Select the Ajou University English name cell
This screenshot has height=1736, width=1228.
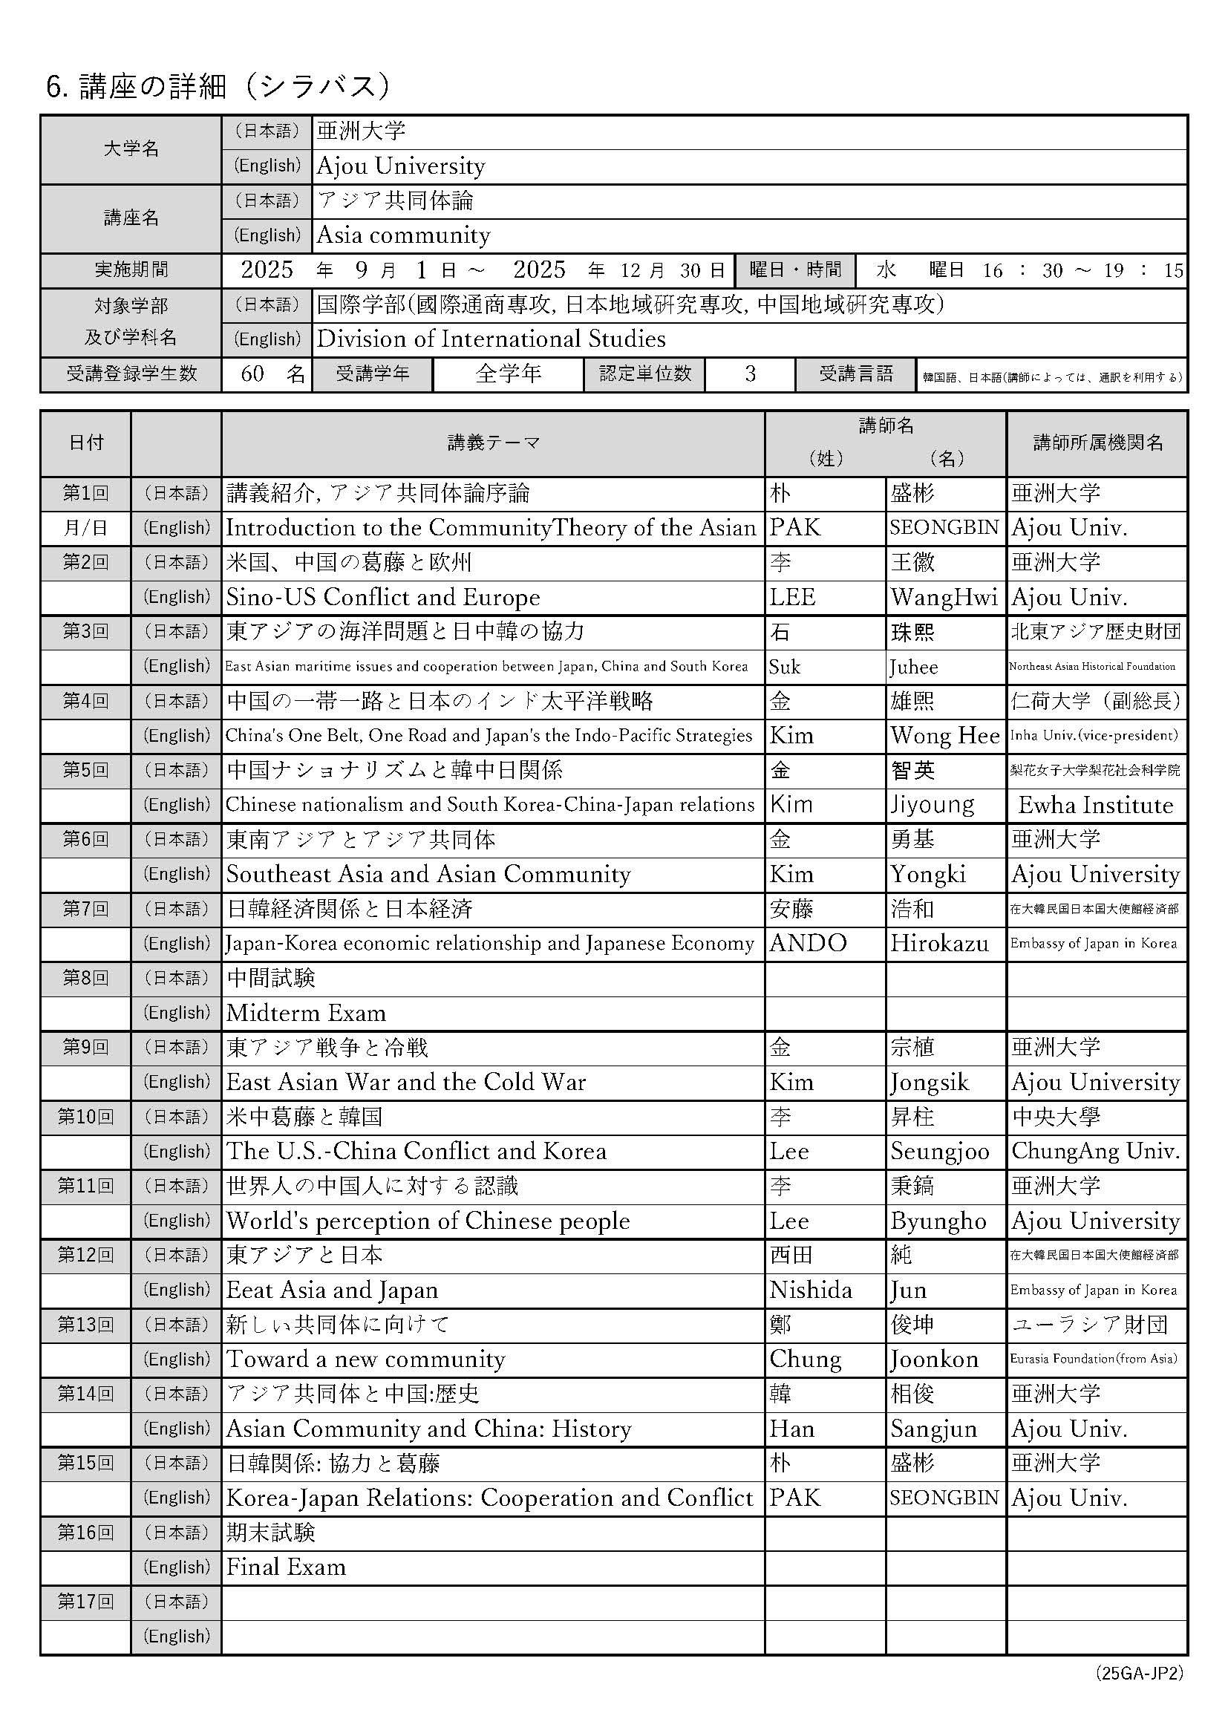click(x=401, y=166)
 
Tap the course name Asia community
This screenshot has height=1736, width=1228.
click(x=403, y=235)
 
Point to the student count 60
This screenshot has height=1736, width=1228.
click(x=252, y=373)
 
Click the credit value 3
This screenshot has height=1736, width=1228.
click(x=749, y=373)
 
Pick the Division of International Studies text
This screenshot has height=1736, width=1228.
click(x=491, y=339)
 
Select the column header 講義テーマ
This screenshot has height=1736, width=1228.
click(x=493, y=443)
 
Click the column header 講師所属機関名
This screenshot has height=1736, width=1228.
click(x=1097, y=443)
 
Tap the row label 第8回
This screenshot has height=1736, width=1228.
click(x=85, y=978)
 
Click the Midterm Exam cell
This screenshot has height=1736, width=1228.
click(x=306, y=1014)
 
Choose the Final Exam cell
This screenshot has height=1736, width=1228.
click(x=286, y=1567)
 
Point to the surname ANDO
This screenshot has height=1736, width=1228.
click(x=808, y=944)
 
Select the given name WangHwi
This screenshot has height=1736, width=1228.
click(x=944, y=597)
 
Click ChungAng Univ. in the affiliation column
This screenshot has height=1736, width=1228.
click(x=1096, y=1152)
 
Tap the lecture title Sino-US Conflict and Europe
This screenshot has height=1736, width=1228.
click(x=383, y=597)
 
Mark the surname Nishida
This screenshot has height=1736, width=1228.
click(x=811, y=1290)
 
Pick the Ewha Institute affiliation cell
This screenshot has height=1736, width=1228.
click(x=1096, y=805)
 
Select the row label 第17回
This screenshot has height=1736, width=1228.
click(x=85, y=1602)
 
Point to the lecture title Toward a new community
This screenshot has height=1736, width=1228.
click(x=365, y=1360)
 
